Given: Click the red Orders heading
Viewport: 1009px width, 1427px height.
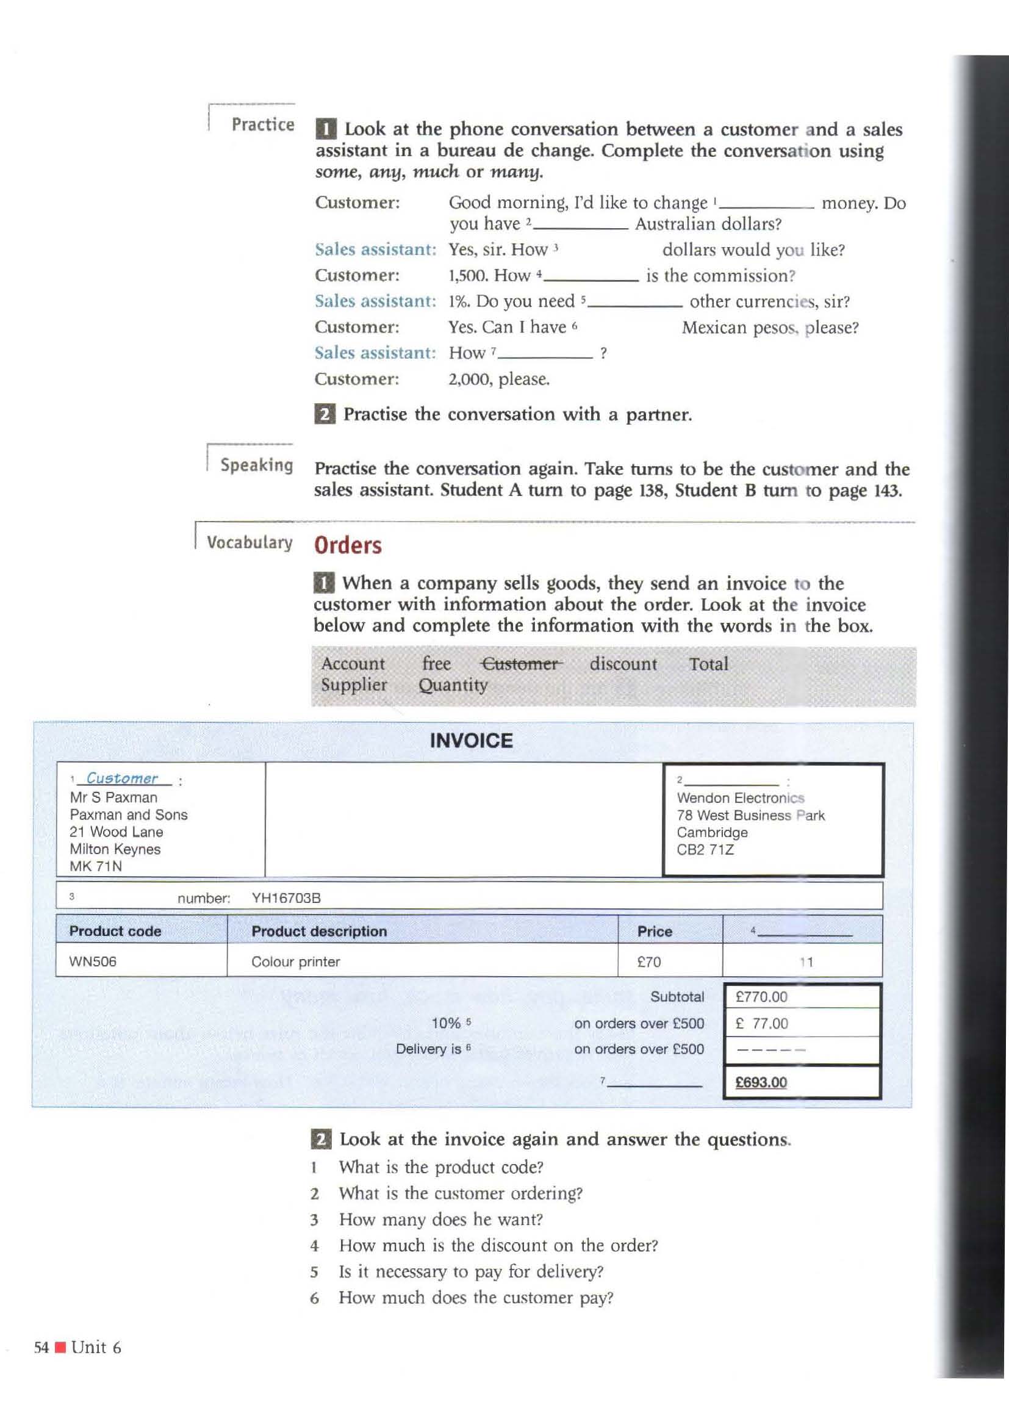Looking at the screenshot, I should [x=347, y=545].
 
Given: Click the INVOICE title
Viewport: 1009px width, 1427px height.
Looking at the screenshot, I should [x=471, y=740].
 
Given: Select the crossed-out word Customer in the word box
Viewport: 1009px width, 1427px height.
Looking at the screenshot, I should [x=521, y=664].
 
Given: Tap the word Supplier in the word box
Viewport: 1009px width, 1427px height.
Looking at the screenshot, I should [x=354, y=685].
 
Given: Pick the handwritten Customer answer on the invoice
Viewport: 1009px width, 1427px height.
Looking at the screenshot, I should [x=122, y=778].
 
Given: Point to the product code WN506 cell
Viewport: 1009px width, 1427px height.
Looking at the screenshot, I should [x=93, y=962].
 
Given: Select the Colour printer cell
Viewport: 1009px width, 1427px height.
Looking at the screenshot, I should [x=295, y=962].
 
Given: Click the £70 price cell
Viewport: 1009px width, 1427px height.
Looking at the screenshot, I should [x=648, y=962].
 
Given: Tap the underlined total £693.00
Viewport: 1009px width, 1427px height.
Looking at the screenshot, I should [x=761, y=1082].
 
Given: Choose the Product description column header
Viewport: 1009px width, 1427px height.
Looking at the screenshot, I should [x=318, y=931].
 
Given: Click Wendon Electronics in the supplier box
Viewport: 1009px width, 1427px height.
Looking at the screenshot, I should [x=740, y=798].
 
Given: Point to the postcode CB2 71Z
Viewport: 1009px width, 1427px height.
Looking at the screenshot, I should [x=705, y=850].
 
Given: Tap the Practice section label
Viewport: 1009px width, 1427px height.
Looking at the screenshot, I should [x=263, y=124].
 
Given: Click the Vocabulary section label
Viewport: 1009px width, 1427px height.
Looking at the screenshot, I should [x=249, y=542].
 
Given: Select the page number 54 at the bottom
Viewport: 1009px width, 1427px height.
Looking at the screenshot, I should [x=41, y=1347].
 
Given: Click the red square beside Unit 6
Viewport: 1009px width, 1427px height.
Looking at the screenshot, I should [x=60, y=1348].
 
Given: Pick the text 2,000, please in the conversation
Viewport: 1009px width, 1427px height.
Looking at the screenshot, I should [x=499, y=379].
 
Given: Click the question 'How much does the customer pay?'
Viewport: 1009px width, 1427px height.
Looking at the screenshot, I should [x=475, y=1297].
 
